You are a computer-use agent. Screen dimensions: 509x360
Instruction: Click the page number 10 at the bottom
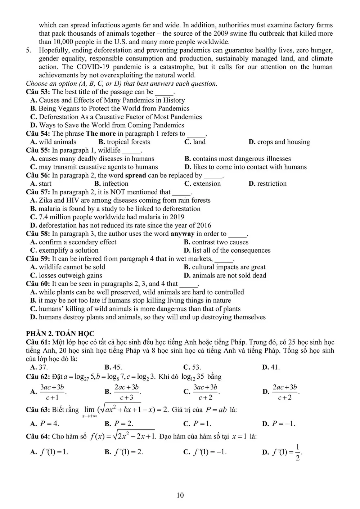coord(180,495)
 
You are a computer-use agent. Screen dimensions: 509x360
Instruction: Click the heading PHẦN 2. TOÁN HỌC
coord(60,334)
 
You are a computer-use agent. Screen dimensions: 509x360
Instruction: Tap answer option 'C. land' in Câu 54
coord(195,142)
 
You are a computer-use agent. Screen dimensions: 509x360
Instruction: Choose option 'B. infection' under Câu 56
coord(111,184)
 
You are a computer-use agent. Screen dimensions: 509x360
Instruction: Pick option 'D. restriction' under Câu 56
coord(267,184)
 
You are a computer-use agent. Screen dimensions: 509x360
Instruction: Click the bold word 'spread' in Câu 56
coord(135,175)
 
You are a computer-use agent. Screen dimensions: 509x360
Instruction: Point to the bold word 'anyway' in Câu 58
coord(182,234)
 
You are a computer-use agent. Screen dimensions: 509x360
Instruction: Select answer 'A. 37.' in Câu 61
coord(39,367)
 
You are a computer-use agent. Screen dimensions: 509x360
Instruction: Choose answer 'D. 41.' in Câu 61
coord(271,367)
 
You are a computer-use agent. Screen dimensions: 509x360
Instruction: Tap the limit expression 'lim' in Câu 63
coord(89,410)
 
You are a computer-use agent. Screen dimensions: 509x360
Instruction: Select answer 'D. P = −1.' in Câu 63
coord(279,424)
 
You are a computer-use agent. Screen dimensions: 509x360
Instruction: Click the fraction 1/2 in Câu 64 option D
coord(298,452)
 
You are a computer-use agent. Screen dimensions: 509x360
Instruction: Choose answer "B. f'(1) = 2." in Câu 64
coord(124,452)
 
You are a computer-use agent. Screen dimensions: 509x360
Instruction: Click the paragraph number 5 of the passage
coord(28,50)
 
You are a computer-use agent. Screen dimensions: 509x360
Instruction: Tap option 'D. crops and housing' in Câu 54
coord(279,142)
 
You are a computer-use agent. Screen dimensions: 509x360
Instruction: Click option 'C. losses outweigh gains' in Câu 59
coord(66,275)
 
